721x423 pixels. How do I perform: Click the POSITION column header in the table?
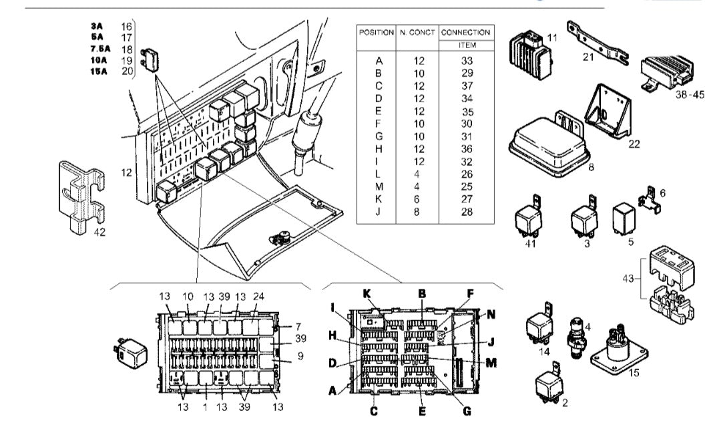point(377,32)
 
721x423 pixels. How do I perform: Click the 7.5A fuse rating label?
point(101,49)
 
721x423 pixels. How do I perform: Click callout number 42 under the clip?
point(99,233)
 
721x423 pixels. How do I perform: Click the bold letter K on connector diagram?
point(366,293)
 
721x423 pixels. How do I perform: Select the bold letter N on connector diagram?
point(491,313)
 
